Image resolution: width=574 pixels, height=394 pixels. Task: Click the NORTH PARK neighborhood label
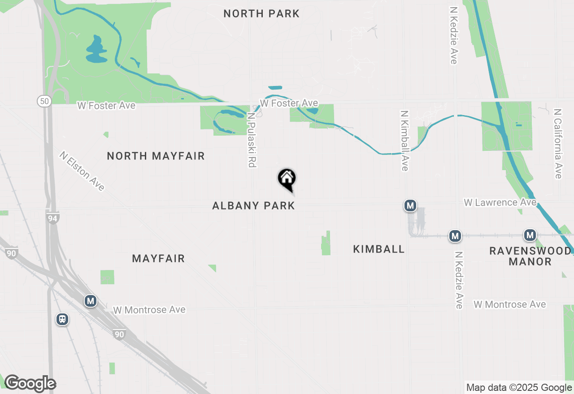point(261,14)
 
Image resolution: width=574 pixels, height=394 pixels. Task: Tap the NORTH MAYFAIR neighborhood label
point(156,156)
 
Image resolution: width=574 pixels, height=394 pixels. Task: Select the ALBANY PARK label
point(253,206)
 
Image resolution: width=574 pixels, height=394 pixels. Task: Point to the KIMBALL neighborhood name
point(379,249)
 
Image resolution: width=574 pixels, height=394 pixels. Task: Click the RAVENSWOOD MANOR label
point(530,256)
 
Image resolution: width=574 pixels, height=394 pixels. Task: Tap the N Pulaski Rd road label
point(252,140)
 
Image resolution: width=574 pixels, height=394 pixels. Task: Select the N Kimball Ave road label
point(404,141)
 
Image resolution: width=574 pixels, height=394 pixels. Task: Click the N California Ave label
point(558,143)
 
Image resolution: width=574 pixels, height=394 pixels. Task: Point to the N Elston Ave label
point(82,171)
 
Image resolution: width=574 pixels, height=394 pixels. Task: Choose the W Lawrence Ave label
point(500,202)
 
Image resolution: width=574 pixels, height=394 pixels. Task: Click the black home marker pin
point(287,179)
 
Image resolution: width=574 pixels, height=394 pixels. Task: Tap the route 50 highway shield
point(44,101)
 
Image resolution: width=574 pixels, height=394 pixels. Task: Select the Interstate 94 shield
point(53,218)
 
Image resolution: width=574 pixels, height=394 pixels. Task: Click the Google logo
point(30,383)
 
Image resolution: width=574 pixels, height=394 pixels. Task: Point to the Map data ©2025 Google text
point(519,387)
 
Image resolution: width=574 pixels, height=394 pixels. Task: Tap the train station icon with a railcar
point(62,319)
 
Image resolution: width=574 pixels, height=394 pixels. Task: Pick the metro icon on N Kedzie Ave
point(455,236)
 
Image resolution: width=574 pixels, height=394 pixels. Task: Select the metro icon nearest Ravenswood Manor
point(530,235)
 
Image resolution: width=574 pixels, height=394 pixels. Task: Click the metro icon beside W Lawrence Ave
point(410,206)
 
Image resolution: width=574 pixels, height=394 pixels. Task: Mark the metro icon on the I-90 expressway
point(91,301)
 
